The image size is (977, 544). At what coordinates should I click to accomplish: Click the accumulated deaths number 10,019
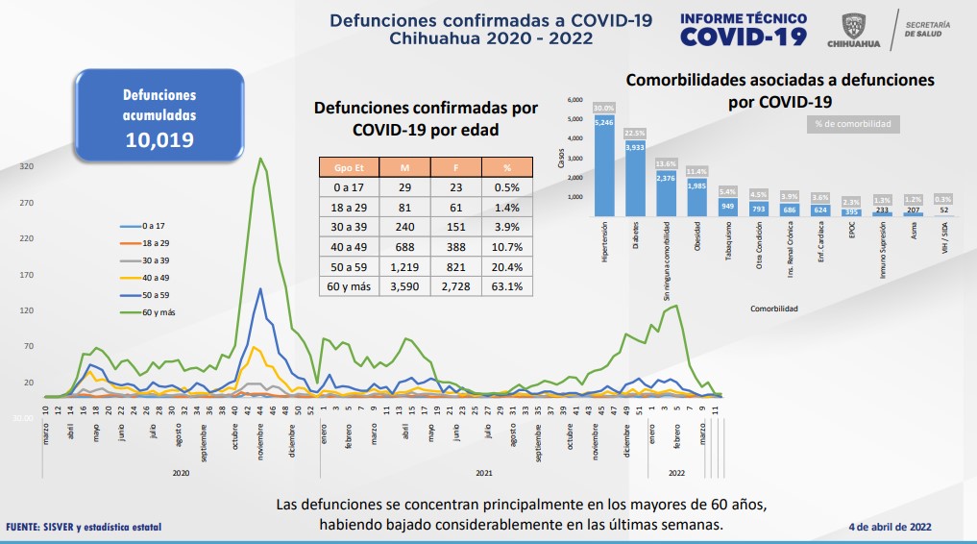point(159,139)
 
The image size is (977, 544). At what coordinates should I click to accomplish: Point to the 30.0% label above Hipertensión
point(604,108)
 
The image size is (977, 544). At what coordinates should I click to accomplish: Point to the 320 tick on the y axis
point(27,167)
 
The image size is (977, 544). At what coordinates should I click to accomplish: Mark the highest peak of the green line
point(260,159)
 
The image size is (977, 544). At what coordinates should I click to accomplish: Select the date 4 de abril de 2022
point(890,527)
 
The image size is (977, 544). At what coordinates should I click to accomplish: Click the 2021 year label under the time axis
point(484,474)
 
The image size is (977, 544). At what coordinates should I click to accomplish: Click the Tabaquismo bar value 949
point(727,206)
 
